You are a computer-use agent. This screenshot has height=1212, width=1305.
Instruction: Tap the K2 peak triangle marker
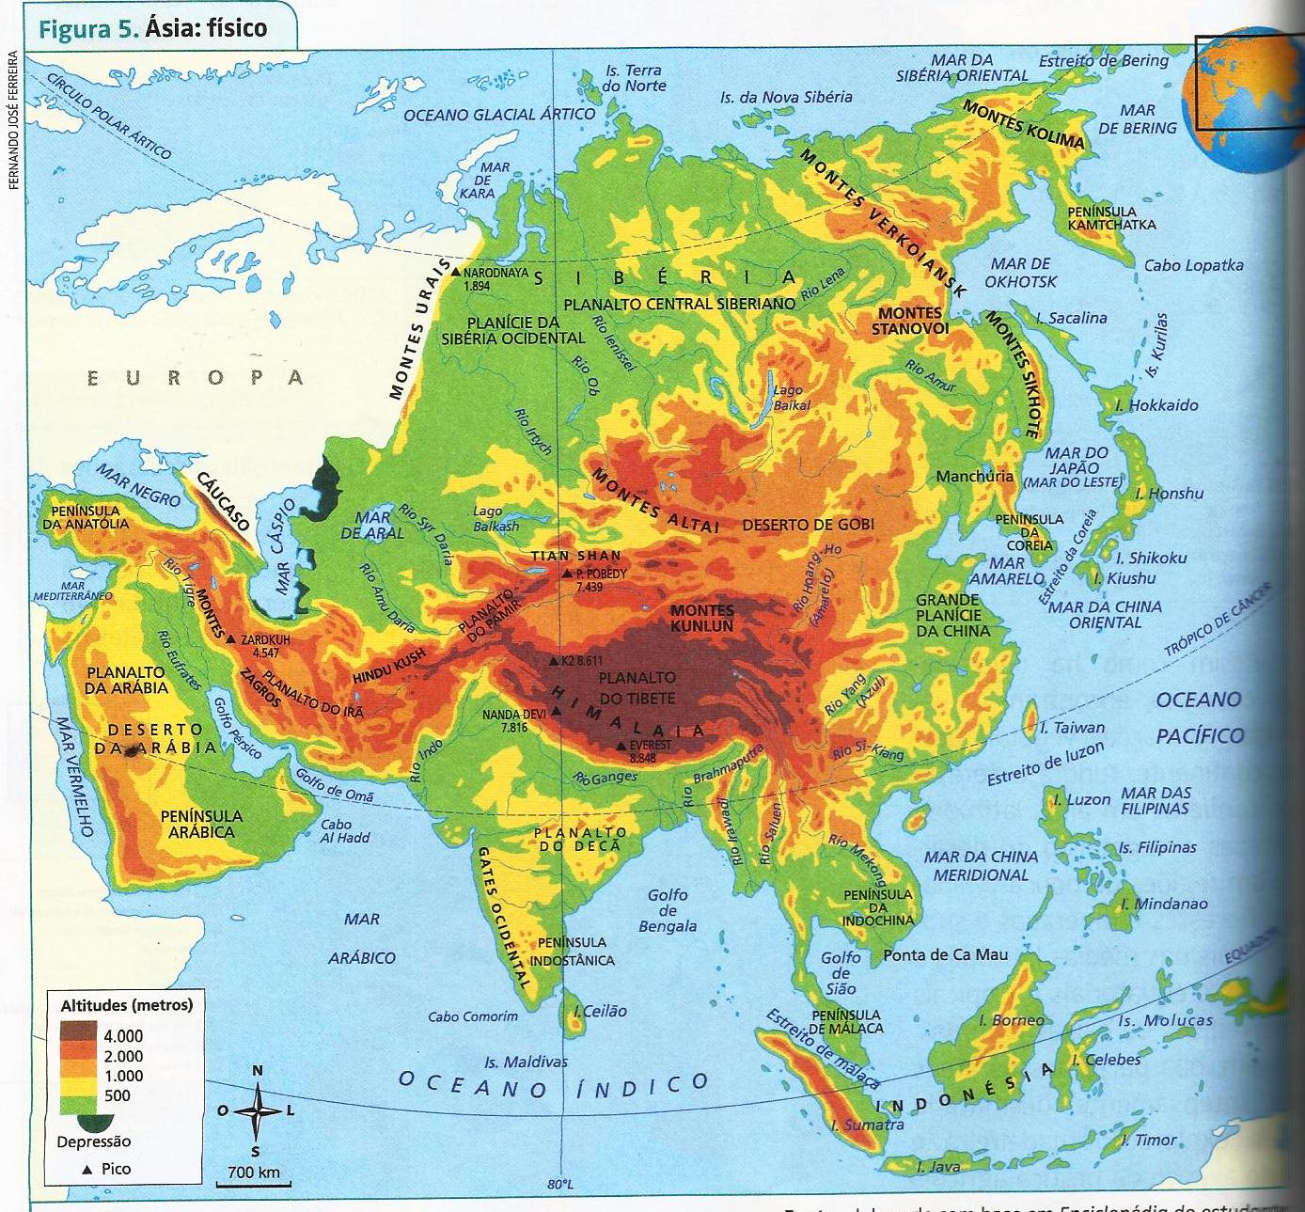(554, 660)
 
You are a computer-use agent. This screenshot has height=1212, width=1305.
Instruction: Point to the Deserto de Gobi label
(809, 525)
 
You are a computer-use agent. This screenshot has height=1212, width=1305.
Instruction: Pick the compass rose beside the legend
(257, 1110)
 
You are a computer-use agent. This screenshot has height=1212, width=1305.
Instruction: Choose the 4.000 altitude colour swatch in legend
(79, 1035)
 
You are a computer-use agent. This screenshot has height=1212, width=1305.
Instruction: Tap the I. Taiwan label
(1072, 727)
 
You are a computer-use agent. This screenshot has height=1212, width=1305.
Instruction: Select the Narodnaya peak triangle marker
(455, 272)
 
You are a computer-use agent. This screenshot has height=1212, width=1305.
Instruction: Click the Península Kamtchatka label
(1111, 218)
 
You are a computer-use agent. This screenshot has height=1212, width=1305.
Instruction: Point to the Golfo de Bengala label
(668, 910)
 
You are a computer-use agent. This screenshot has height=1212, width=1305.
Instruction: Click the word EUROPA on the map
(196, 378)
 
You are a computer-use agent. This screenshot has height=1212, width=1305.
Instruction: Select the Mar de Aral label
(371, 525)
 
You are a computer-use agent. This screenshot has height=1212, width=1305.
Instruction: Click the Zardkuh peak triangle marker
(231, 638)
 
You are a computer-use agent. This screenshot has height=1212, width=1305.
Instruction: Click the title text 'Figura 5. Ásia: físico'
(153, 27)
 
